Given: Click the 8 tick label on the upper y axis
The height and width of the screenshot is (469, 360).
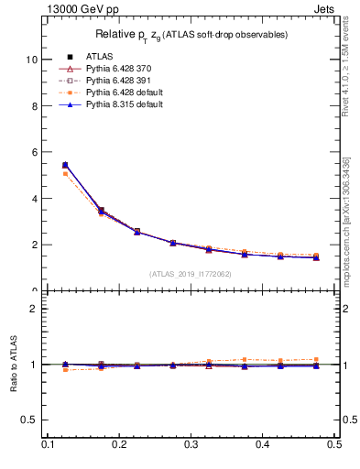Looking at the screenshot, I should point(34,105).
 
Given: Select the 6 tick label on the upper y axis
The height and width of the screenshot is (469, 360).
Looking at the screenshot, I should point(34,152).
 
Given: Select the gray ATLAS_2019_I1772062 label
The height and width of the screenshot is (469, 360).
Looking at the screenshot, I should point(191,273).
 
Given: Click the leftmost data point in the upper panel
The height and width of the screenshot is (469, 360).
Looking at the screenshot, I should point(65,166).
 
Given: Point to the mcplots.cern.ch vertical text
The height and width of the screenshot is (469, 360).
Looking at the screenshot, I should point(346,220).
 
